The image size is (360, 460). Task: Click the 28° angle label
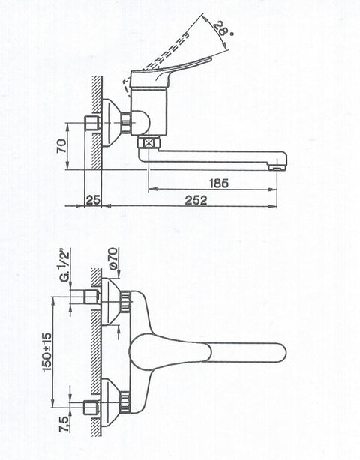click(x=223, y=29)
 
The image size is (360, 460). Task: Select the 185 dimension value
click(x=219, y=184)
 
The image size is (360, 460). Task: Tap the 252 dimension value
click(x=196, y=200)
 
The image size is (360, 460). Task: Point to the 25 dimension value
click(x=94, y=200)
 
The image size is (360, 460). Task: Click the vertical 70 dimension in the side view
click(x=62, y=146)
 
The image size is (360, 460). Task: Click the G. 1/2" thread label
click(x=65, y=265)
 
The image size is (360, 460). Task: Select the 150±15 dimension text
click(x=47, y=351)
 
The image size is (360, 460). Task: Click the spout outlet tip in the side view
click(x=277, y=168)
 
